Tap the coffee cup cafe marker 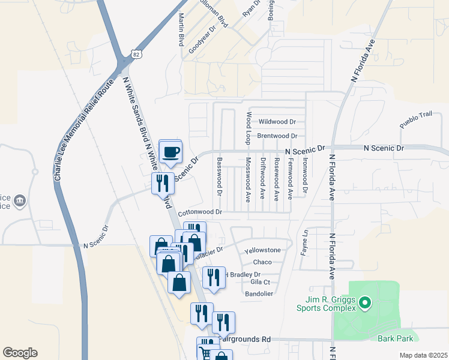(171, 151)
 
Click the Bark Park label (394, 338)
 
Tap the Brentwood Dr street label (277, 136)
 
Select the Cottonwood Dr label (200, 212)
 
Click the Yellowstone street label (263, 250)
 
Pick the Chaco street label (263, 262)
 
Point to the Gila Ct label (261, 282)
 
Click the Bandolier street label (259, 294)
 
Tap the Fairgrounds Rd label (245, 339)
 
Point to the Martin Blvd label (181, 30)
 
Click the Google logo (20, 353)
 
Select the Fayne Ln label (304, 241)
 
